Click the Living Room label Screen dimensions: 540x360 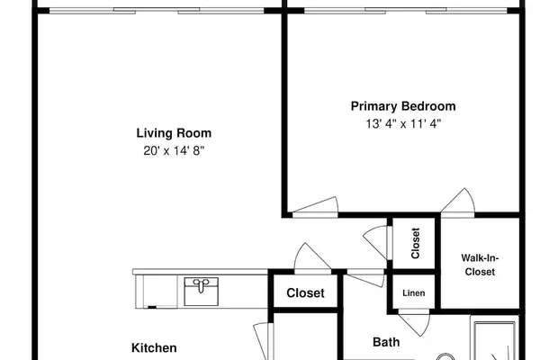pyautogui.click(x=174, y=133)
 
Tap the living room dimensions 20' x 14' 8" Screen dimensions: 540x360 pyautogui.click(x=174, y=150)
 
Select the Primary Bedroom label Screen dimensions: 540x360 pyautogui.click(x=403, y=106)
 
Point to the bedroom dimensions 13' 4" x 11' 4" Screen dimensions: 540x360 pyautogui.click(x=403, y=123)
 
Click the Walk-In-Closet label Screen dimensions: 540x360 pyautogui.click(x=480, y=265)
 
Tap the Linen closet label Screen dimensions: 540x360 pyautogui.click(x=414, y=293)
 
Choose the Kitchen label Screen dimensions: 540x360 pyautogui.click(x=154, y=347)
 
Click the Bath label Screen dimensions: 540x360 pyautogui.click(x=386, y=342)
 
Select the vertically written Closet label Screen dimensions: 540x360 pyautogui.click(x=415, y=243)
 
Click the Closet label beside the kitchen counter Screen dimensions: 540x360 pyautogui.click(x=305, y=292)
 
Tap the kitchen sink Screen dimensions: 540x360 pyautogui.click(x=201, y=292)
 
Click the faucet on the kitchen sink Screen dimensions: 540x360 pyautogui.click(x=201, y=284)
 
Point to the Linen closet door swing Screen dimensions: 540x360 pyautogui.click(x=415, y=322)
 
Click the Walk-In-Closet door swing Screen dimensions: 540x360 pyautogui.click(x=458, y=202)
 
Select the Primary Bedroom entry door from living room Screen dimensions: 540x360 pyautogui.click(x=316, y=207)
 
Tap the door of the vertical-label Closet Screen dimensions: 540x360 pyautogui.click(x=377, y=242)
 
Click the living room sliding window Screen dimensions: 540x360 pyautogui.click(x=157, y=11)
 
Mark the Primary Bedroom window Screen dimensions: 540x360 pyautogui.click(x=406, y=11)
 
